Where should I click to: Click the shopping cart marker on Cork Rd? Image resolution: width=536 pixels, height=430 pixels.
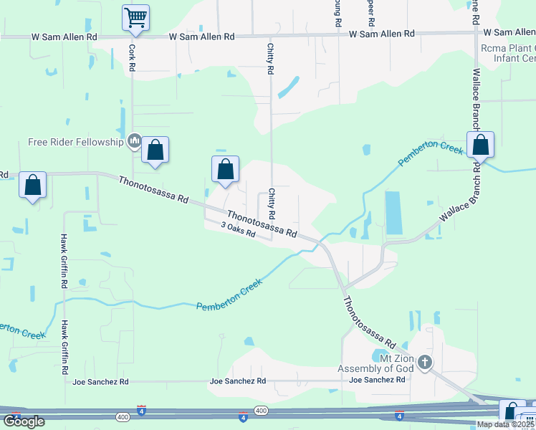pos(135,17)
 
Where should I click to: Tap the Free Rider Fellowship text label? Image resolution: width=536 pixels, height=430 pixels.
pos(76,142)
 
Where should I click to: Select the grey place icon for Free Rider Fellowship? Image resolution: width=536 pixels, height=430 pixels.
pos(134,142)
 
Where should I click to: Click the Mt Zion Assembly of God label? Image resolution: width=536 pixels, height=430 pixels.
pos(375,363)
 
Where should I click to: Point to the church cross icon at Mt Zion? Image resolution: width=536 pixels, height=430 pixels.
pos(425,363)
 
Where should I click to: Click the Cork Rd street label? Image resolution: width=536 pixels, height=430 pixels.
pos(132,58)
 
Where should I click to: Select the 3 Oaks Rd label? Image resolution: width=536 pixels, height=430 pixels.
pos(238,229)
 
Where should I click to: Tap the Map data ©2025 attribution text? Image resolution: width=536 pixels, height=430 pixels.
pos(506,424)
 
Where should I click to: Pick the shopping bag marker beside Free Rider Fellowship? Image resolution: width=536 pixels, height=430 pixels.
pos(155,150)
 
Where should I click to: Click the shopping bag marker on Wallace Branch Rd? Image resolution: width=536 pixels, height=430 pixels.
pos(480,145)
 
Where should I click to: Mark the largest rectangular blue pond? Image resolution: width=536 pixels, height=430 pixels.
pos(393,213)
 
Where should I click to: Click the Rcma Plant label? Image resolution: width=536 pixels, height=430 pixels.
pos(507,47)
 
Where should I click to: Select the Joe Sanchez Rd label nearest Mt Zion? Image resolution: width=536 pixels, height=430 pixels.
pos(377,380)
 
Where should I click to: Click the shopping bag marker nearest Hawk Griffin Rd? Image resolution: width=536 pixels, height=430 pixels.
pos(33,186)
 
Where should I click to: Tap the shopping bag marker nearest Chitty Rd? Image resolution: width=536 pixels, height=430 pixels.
pos(225,170)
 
